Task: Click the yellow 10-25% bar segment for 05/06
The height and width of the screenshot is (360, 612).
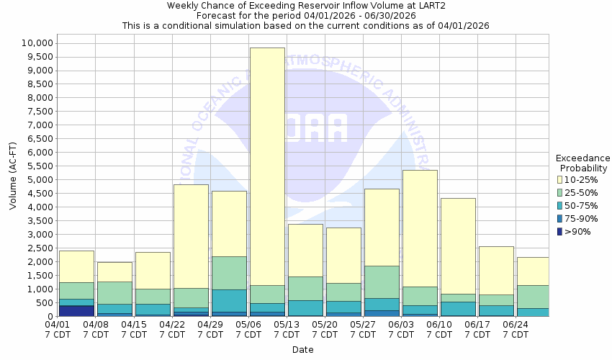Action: (267, 166)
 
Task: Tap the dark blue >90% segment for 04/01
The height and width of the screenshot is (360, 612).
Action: (76, 311)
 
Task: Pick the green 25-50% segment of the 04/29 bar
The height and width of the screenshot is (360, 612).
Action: (229, 273)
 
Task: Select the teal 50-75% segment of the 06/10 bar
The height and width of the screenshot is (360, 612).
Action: (458, 308)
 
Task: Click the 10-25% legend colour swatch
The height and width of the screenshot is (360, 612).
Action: (561, 180)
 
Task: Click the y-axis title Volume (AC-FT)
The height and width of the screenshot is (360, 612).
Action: (13, 179)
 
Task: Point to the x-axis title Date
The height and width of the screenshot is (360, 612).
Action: (302, 350)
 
